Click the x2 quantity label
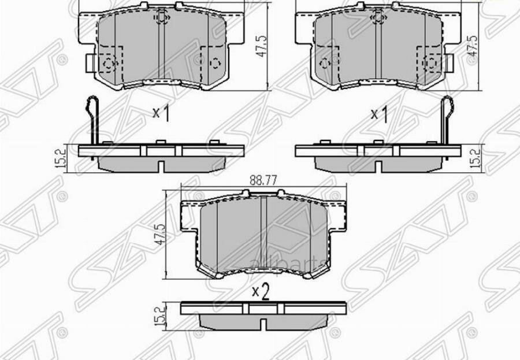[x=261, y=292]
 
